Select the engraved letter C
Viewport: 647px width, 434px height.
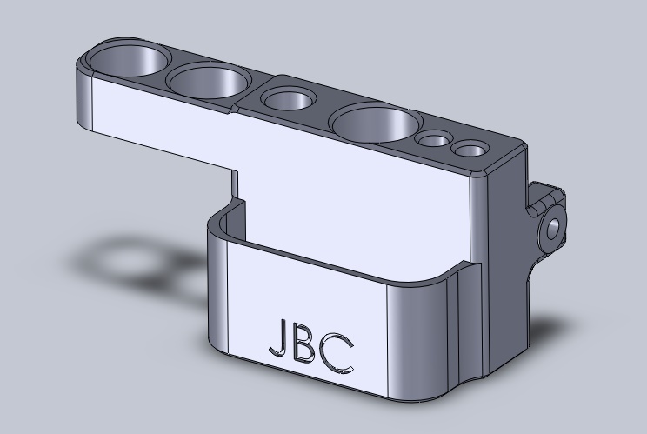pos(337,353)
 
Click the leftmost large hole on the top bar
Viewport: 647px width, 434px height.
pos(130,60)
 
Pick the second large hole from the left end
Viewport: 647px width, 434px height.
pos(209,81)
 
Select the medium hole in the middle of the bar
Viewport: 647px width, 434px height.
pos(287,99)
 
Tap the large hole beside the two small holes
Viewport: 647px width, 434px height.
pos(376,123)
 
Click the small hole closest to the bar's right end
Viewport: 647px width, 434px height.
pos(470,149)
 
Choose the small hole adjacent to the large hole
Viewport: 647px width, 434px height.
pos(434,139)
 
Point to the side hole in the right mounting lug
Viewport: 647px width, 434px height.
pos(552,228)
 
